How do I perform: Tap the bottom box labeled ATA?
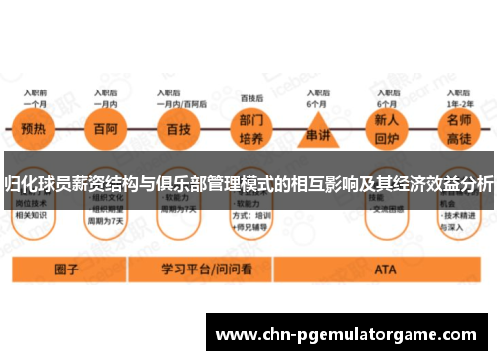tap(385, 270)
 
